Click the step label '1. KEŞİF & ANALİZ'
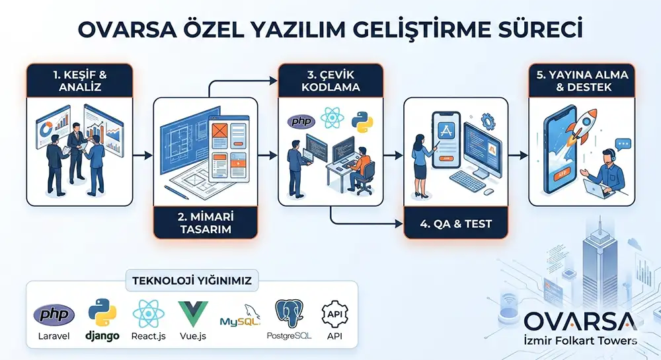79,80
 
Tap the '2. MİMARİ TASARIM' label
205,223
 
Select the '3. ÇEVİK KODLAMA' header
330,80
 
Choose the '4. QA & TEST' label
455,224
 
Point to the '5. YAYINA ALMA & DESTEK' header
581,80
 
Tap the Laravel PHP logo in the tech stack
54,315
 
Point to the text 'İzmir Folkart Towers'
580,341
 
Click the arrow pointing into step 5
519,155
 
